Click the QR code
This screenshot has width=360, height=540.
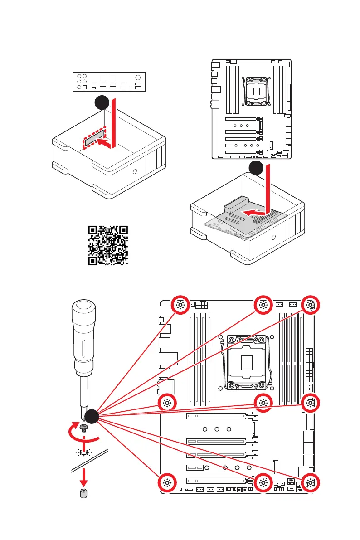click(x=107, y=245)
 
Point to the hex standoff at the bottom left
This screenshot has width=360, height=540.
click(x=83, y=493)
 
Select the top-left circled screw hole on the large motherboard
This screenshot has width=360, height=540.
click(x=180, y=305)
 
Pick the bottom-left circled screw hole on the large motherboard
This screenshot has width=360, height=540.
click(x=167, y=483)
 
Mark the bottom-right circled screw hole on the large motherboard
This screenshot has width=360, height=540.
click(x=310, y=483)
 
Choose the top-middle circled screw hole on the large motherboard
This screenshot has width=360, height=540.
click(x=263, y=305)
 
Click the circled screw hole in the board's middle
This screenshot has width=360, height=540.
click(x=263, y=402)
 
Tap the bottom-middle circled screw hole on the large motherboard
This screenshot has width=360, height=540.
click(x=263, y=483)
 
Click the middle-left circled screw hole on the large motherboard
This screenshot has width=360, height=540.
click(x=167, y=402)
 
